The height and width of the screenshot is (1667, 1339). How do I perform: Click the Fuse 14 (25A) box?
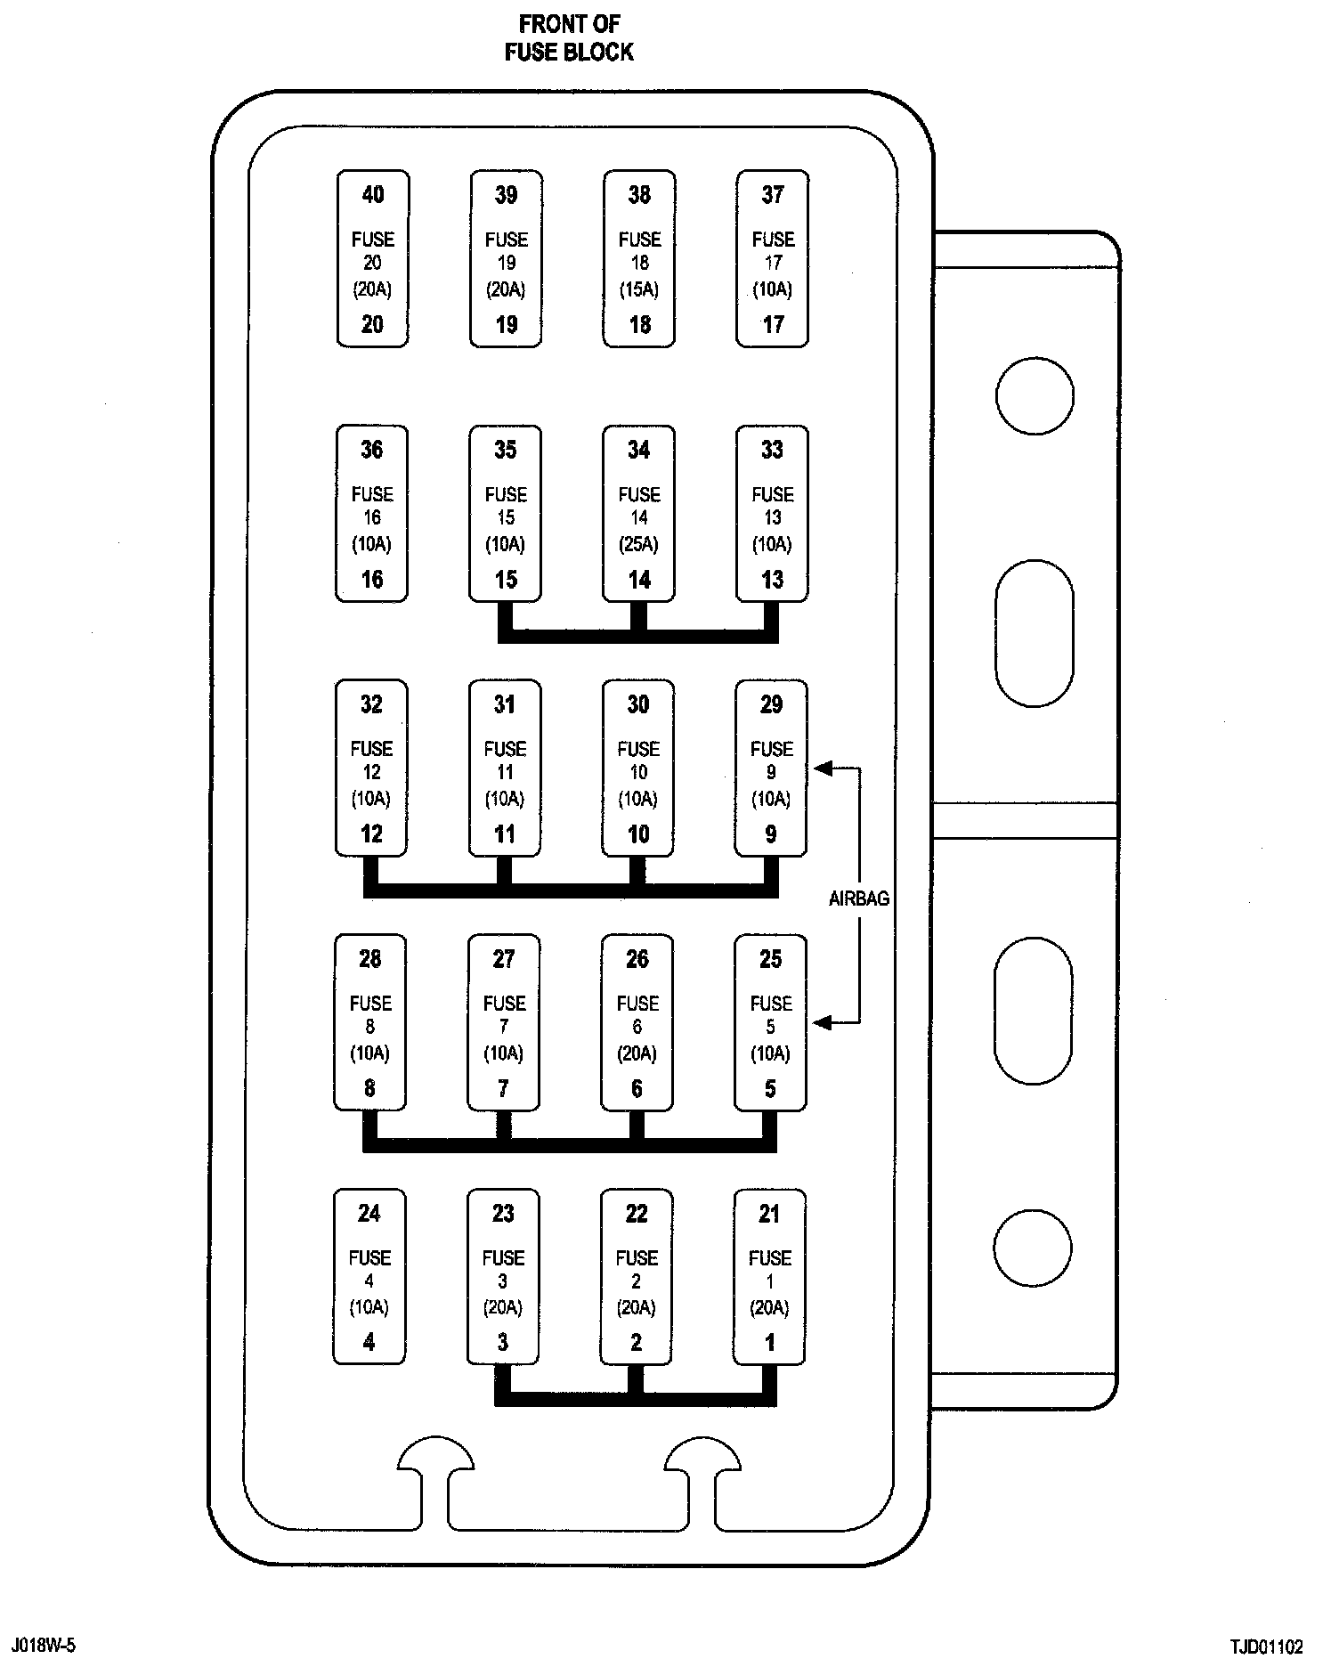coord(638,513)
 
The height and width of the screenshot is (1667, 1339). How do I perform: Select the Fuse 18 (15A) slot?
coord(639,258)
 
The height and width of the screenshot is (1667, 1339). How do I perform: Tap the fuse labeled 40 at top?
coord(373,258)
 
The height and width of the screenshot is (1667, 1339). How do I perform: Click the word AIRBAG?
coord(859,899)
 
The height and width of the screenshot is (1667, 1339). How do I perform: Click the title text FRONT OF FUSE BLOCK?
coord(569,37)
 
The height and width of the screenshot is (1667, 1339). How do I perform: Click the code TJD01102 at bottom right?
coord(1267,1646)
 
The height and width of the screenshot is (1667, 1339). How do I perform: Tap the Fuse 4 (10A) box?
coord(369,1276)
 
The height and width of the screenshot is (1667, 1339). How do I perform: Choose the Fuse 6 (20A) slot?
coord(637,1022)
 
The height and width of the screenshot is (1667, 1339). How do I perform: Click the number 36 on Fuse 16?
coord(372,450)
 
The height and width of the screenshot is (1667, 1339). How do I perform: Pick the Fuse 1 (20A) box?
coord(769,1276)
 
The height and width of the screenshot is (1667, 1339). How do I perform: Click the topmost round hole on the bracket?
coord(1035,395)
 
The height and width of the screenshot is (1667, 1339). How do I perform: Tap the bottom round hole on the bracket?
coord(1033,1247)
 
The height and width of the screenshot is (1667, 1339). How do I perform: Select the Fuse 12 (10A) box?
coord(371,768)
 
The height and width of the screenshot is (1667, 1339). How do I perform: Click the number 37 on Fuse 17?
coord(773,195)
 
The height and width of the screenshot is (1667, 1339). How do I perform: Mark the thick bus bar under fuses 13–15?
coord(637,636)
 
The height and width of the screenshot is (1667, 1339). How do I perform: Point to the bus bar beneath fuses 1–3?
coord(636,1399)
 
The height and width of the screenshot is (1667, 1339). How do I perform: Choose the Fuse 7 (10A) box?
coord(504,1022)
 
